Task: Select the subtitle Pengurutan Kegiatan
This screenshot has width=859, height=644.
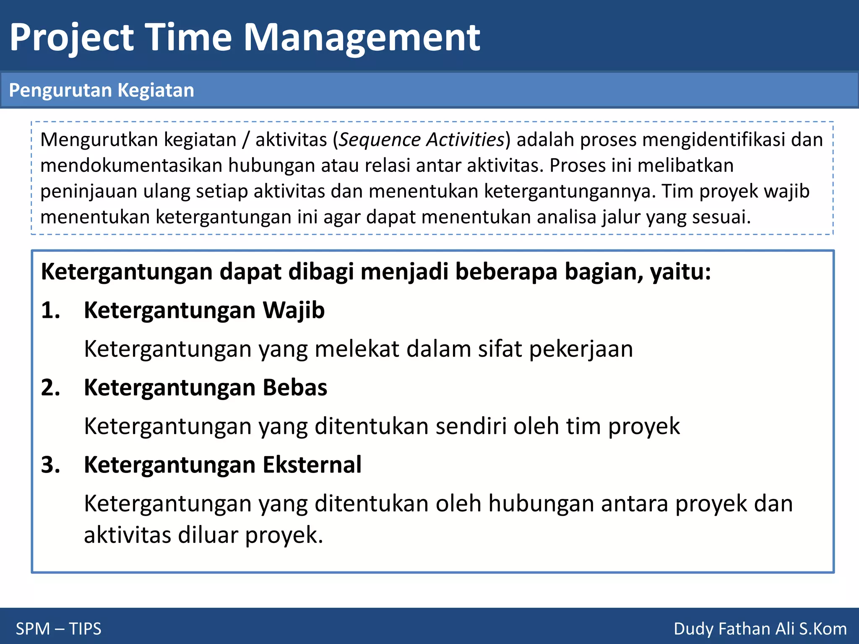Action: click(102, 90)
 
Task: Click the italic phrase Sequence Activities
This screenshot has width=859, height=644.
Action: click(422, 140)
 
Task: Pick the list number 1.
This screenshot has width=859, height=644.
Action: click(50, 310)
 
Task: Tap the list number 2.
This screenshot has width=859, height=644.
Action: click(50, 387)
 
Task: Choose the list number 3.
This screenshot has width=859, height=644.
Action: click(50, 465)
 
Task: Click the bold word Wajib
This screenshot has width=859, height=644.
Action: click(294, 310)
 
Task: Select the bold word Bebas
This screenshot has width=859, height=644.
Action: click(295, 387)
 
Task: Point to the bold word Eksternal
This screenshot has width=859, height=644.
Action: click(312, 465)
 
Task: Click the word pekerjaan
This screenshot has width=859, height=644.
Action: click(581, 349)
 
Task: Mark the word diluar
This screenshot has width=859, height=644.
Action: click(208, 535)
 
